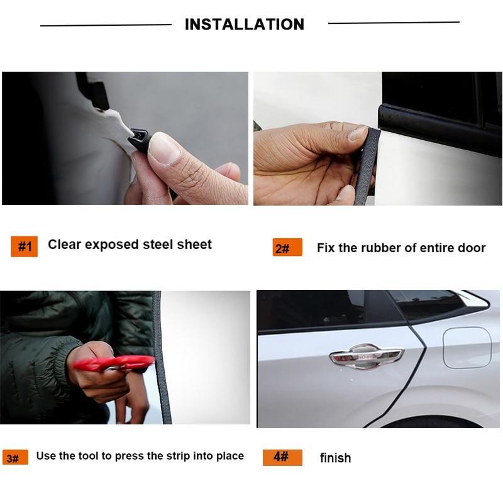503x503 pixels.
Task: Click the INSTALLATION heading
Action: (x=244, y=25)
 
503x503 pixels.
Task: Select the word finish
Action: (x=335, y=458)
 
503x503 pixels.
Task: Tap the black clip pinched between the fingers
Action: (x=137, y=133)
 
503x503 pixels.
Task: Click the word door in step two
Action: (x=472, y=248)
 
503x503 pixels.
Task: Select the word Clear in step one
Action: (x=65, y=244)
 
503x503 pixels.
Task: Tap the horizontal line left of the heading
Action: (x=106, y=25)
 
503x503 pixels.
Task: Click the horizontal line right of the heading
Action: (x=394, y=23)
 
